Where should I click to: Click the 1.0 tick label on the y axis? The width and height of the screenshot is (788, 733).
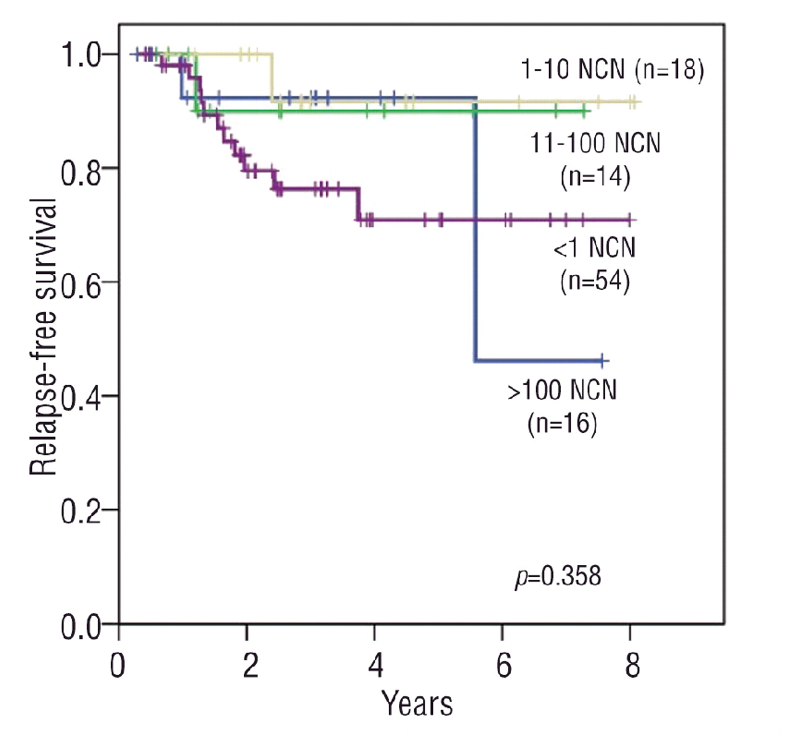click(81, 55)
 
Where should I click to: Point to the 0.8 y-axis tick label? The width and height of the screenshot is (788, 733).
click(81, 169)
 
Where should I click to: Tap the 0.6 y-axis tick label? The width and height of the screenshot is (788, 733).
click(81, 283)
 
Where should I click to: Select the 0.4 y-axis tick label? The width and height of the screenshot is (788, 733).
click(81, 397)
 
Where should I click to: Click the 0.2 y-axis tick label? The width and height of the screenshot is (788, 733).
click(81, 511)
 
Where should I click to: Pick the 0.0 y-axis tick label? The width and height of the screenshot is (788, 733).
click(81, 627)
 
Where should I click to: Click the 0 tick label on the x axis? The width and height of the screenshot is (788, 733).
click(118, 665)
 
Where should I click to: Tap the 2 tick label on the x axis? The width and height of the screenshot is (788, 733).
click(249, 665)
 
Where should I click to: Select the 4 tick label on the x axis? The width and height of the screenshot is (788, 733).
click(376, 665)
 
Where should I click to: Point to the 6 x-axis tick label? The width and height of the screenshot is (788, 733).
click(504, 665)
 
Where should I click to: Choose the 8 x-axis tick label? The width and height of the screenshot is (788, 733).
click(632, 665)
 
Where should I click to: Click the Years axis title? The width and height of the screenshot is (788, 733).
click(417, 703)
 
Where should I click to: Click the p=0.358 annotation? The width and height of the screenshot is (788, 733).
click(558, 577)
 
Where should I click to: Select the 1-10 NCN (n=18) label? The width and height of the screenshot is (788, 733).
click(612, 70)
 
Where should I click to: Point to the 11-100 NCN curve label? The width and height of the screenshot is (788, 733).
click(595, 160)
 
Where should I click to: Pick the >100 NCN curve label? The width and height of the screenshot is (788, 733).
click(562, 406)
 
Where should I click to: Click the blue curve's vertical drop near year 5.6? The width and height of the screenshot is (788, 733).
click(475, 234)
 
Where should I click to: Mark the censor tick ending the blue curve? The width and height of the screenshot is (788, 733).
click(603, 361)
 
